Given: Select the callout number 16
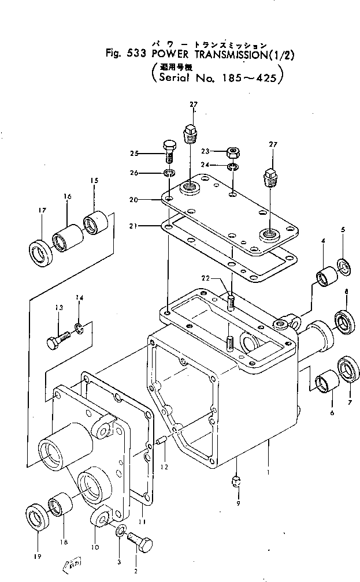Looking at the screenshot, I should point(68,197).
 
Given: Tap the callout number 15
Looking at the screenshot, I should point(94,181).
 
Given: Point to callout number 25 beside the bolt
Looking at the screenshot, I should point(135,153).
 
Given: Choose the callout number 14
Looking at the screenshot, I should point(80,298).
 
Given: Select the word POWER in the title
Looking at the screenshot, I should point(167,55).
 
